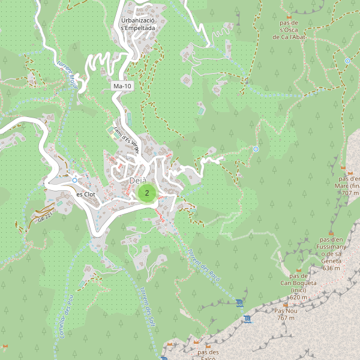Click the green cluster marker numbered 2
[147, 193]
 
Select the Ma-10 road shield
[122, 86]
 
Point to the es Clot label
[86, 194]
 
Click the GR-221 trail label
[45, 215]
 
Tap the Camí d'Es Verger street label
[127, 140]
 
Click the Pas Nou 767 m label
[286, 314]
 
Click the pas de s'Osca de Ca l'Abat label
[290, 29]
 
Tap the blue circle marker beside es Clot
[74, 180]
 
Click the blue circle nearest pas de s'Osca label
[347, 61]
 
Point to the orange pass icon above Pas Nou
[287, 303]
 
